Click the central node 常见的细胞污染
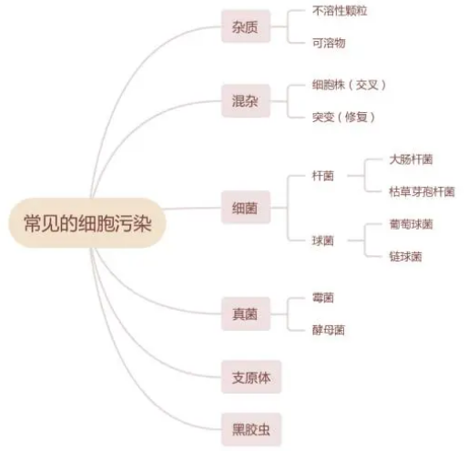coord(87,223)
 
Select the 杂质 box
coord(246,26)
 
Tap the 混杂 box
coord(246,101)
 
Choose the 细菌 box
coord(246,208)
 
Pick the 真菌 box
coord(246,313)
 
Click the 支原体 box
coord(251,377)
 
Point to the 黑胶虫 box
coord(251,429)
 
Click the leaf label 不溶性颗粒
coord(340,11)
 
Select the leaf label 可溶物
coord(329,43)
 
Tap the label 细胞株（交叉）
coord(349,85)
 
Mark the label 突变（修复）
coord(343,117)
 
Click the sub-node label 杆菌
coord(323,176)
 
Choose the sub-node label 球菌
coord(323,241)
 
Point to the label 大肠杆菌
coord(411,159)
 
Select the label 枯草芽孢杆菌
coord(422,191)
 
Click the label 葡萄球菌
coord(411,224)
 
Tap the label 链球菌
coord(405,257)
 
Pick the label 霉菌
coord(323,298)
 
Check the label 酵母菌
coord(329,330)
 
